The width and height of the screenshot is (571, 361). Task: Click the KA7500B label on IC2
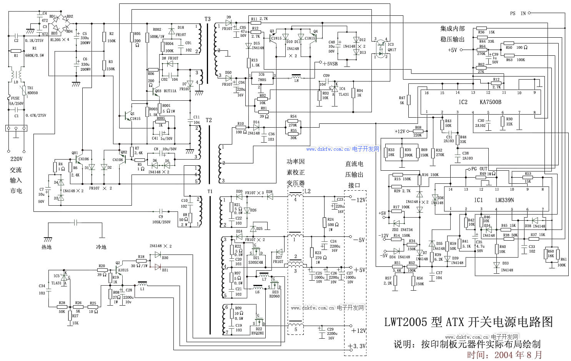[x=490, y=102]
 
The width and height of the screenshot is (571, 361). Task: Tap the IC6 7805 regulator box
[x=261, y=78]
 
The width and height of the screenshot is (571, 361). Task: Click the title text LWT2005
[x=406, y=322]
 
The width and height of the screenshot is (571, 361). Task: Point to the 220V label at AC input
[x=16, y=159]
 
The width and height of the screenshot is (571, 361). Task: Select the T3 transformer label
[x=207, y=19]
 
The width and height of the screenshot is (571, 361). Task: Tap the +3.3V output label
[x=358, y=346]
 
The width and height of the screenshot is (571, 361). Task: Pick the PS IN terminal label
[x=518, y=13]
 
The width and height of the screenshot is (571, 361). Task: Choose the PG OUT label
[x=479, y=169]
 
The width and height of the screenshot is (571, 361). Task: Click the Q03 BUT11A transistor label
[x=166, y=91]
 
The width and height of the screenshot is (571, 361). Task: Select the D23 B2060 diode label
[x=275, y=294]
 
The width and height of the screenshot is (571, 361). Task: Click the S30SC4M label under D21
[x=256, y=263]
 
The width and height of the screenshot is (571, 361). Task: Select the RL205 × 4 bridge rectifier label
[x=60, y=40]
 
